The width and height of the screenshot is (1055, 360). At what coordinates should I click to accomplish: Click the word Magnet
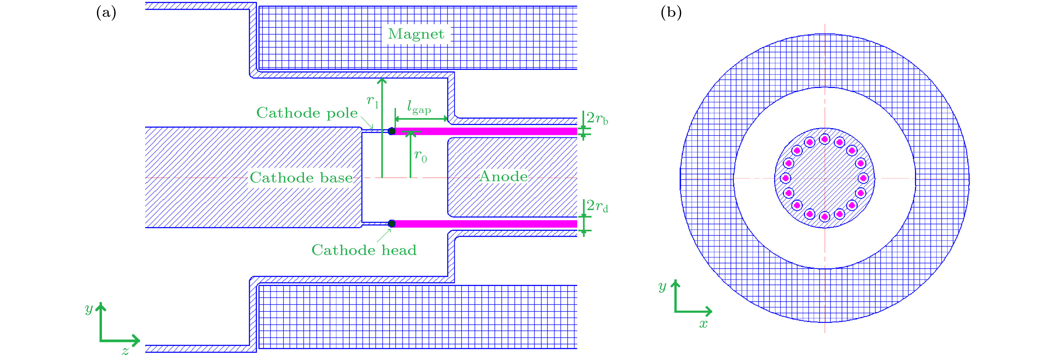416,34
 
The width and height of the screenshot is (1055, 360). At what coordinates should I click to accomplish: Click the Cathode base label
301,178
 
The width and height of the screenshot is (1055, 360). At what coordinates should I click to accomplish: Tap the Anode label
503,176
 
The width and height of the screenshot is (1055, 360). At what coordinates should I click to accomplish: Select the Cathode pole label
307,113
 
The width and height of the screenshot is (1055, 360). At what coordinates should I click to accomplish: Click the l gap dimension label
418,107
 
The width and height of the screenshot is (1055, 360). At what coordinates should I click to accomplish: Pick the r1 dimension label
372,101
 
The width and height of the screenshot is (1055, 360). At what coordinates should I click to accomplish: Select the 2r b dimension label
597,119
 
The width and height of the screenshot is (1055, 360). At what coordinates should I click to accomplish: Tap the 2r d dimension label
597,206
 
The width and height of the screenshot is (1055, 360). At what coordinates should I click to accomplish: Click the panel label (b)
671,13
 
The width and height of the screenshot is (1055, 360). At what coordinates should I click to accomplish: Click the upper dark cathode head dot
391,131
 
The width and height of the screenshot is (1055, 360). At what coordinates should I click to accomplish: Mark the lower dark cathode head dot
391,224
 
